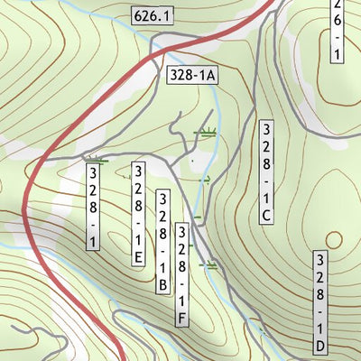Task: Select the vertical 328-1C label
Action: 265,171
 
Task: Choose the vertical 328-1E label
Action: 138,215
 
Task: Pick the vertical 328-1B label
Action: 162,242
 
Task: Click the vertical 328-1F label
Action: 182,273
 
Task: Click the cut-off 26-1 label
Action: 337,31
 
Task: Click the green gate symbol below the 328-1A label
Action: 208,133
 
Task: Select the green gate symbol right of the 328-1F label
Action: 213,265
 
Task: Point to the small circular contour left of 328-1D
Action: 334,239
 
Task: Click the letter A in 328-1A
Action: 209,77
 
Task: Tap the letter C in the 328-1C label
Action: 265,215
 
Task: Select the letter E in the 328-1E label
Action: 138,257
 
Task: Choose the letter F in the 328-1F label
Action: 182,317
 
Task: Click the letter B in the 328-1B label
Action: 162,285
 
